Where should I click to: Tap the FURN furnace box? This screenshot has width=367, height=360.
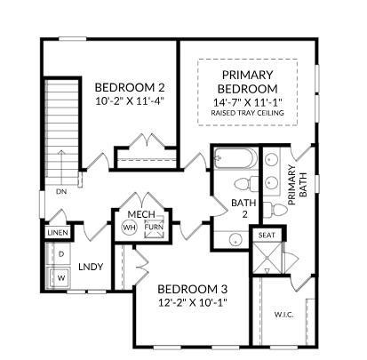[154, 228]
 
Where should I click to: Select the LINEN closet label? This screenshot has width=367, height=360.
[58, 233]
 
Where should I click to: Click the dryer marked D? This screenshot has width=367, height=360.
[61, 254]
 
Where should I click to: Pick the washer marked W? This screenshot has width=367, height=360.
[60, 278]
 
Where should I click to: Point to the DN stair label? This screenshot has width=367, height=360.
[61, 192]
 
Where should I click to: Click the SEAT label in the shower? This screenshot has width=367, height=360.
[267, 236]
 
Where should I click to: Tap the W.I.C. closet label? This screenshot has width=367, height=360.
[283, 315]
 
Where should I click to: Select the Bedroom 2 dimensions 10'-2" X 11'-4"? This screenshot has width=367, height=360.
[130, 101]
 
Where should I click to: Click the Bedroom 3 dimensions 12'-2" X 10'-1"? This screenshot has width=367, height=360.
[193, 302]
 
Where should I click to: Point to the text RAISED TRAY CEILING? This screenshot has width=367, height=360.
[248, 113]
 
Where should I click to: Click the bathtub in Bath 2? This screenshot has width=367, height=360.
[235, 158]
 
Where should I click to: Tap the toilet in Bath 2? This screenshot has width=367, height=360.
[247, 184]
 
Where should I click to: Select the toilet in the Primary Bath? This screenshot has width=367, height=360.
[275, 210]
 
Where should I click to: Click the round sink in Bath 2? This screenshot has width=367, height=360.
[236, 241]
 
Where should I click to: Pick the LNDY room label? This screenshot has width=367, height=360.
[91, 267]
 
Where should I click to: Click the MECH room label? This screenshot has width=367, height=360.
[141, 214]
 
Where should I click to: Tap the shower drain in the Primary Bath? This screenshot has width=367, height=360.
[267, 257]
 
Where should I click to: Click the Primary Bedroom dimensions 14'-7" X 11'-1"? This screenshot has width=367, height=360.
[248, 102]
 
